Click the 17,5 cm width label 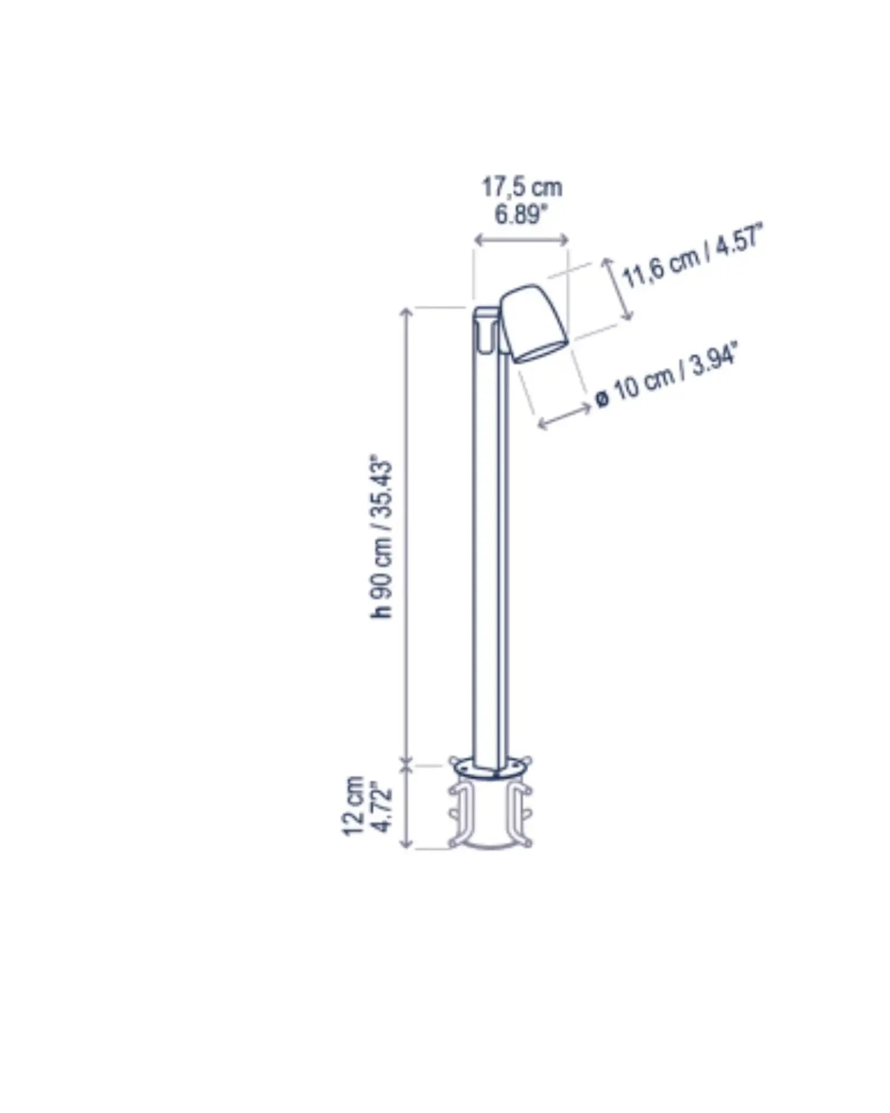[x=522, y=188]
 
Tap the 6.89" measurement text [x=518, y=215]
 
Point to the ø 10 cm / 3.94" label [x=667, y=377]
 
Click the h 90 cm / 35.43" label [x=383, y=539]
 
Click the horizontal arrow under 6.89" [x=521, y=240]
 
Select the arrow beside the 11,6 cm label [x=617, y=289]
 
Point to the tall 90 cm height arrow [x=407, y=534]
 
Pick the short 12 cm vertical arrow [x=407, y=806]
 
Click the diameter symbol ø [x=601, y=398]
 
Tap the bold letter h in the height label [x=382, y=610]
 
